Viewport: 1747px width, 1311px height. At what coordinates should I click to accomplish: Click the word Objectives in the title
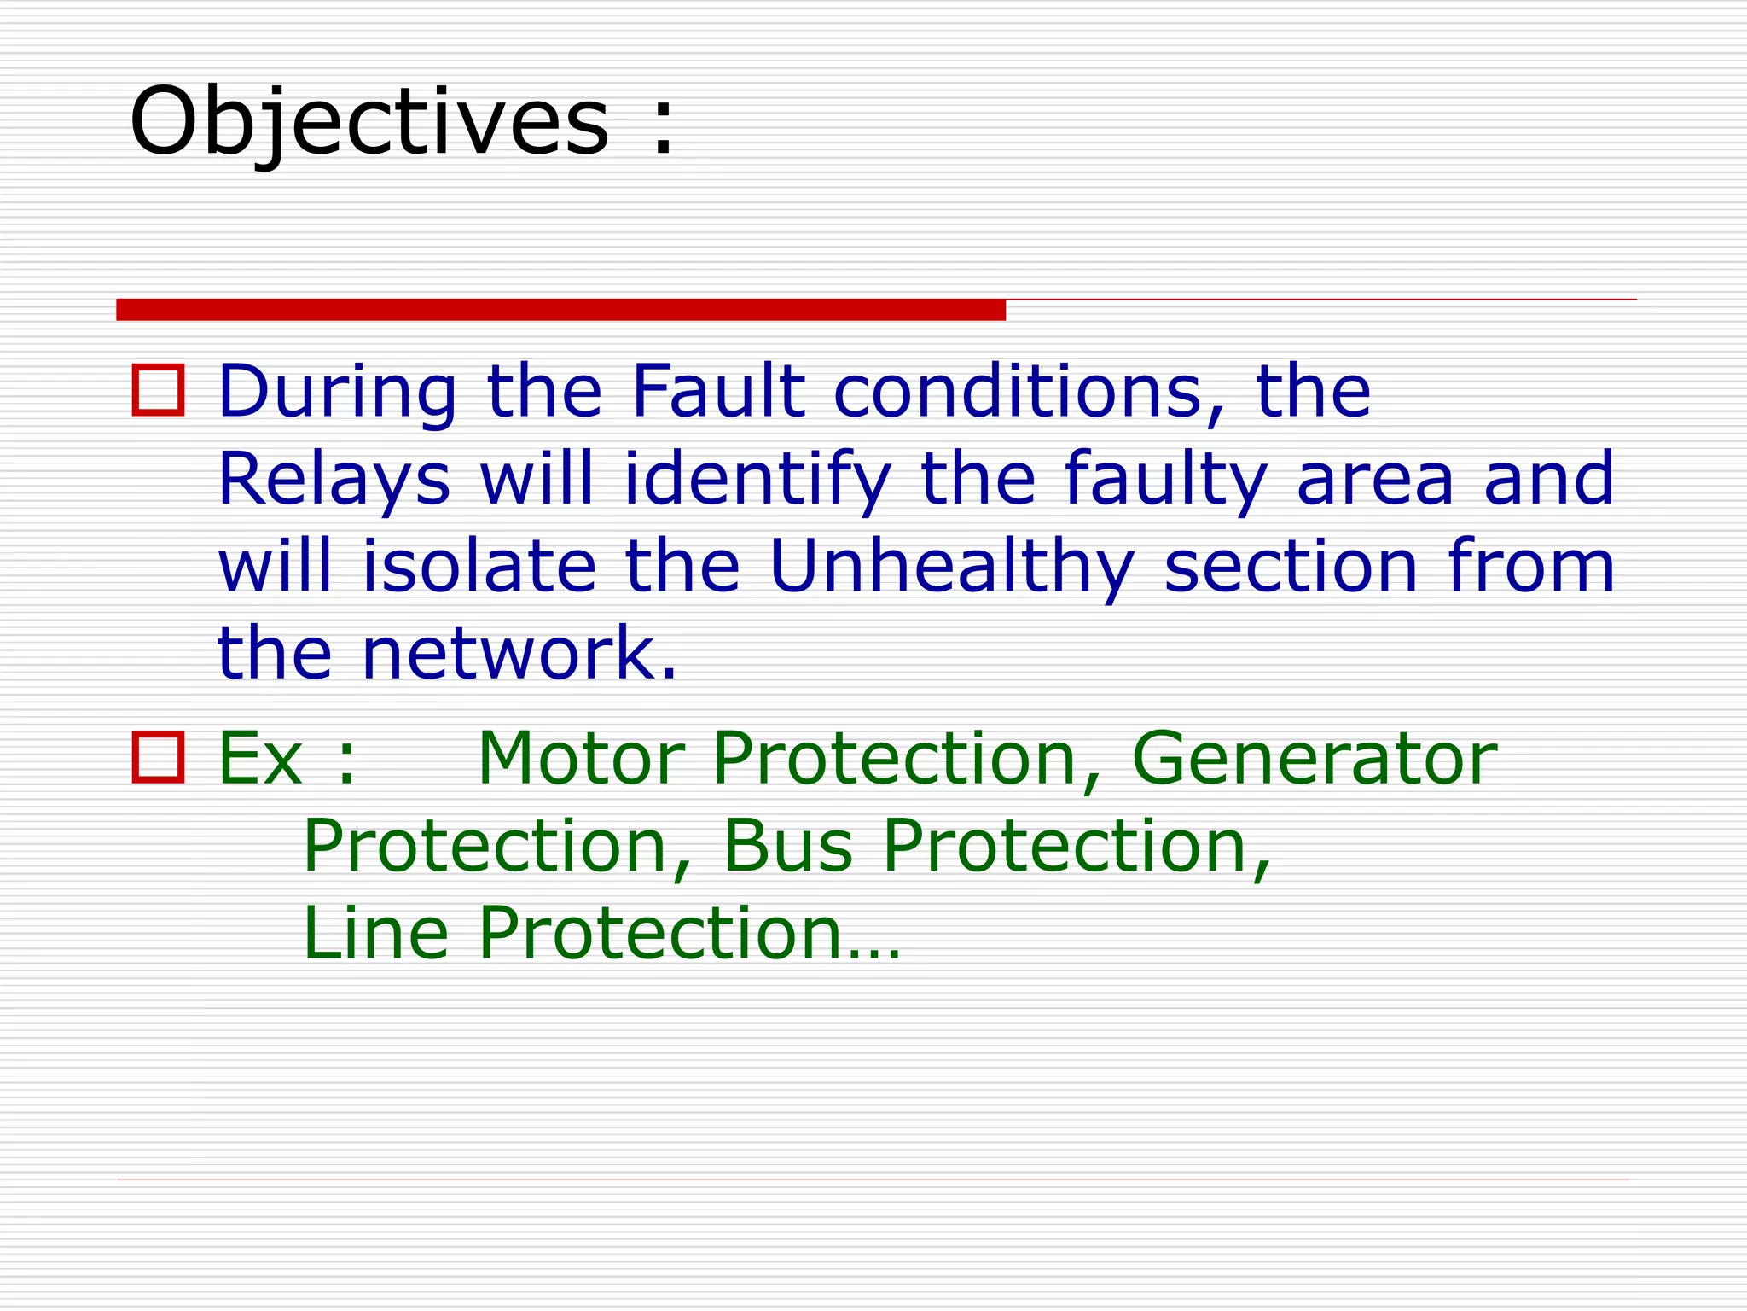369,121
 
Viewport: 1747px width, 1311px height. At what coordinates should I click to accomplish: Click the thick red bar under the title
560,310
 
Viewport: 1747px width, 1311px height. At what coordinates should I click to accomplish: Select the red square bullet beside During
158,391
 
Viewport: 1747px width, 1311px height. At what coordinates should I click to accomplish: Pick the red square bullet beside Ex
158,757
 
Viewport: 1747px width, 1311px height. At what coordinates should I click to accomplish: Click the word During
338,393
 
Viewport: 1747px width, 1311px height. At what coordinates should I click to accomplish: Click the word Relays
334,481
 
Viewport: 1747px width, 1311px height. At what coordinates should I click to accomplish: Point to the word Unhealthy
951,568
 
